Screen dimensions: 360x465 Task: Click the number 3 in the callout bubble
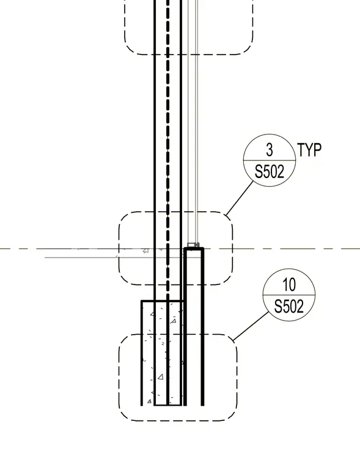(x=270, y=149)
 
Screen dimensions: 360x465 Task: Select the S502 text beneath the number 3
(x=270, y=172)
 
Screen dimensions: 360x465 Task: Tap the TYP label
(x=309, y=150)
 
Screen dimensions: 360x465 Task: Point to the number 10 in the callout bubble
(x=289, y=285)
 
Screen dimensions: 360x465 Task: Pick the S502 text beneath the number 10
(x=289, y=307)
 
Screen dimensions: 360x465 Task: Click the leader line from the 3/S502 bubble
(x=240, y=198)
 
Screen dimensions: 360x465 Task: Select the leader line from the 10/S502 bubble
(x=251, y=326)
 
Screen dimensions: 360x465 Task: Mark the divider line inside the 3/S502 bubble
(x=270, y=160)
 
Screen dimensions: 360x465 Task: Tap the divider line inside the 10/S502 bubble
(x=289, y=295)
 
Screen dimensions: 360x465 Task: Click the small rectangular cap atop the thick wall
(x=193, y=245)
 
